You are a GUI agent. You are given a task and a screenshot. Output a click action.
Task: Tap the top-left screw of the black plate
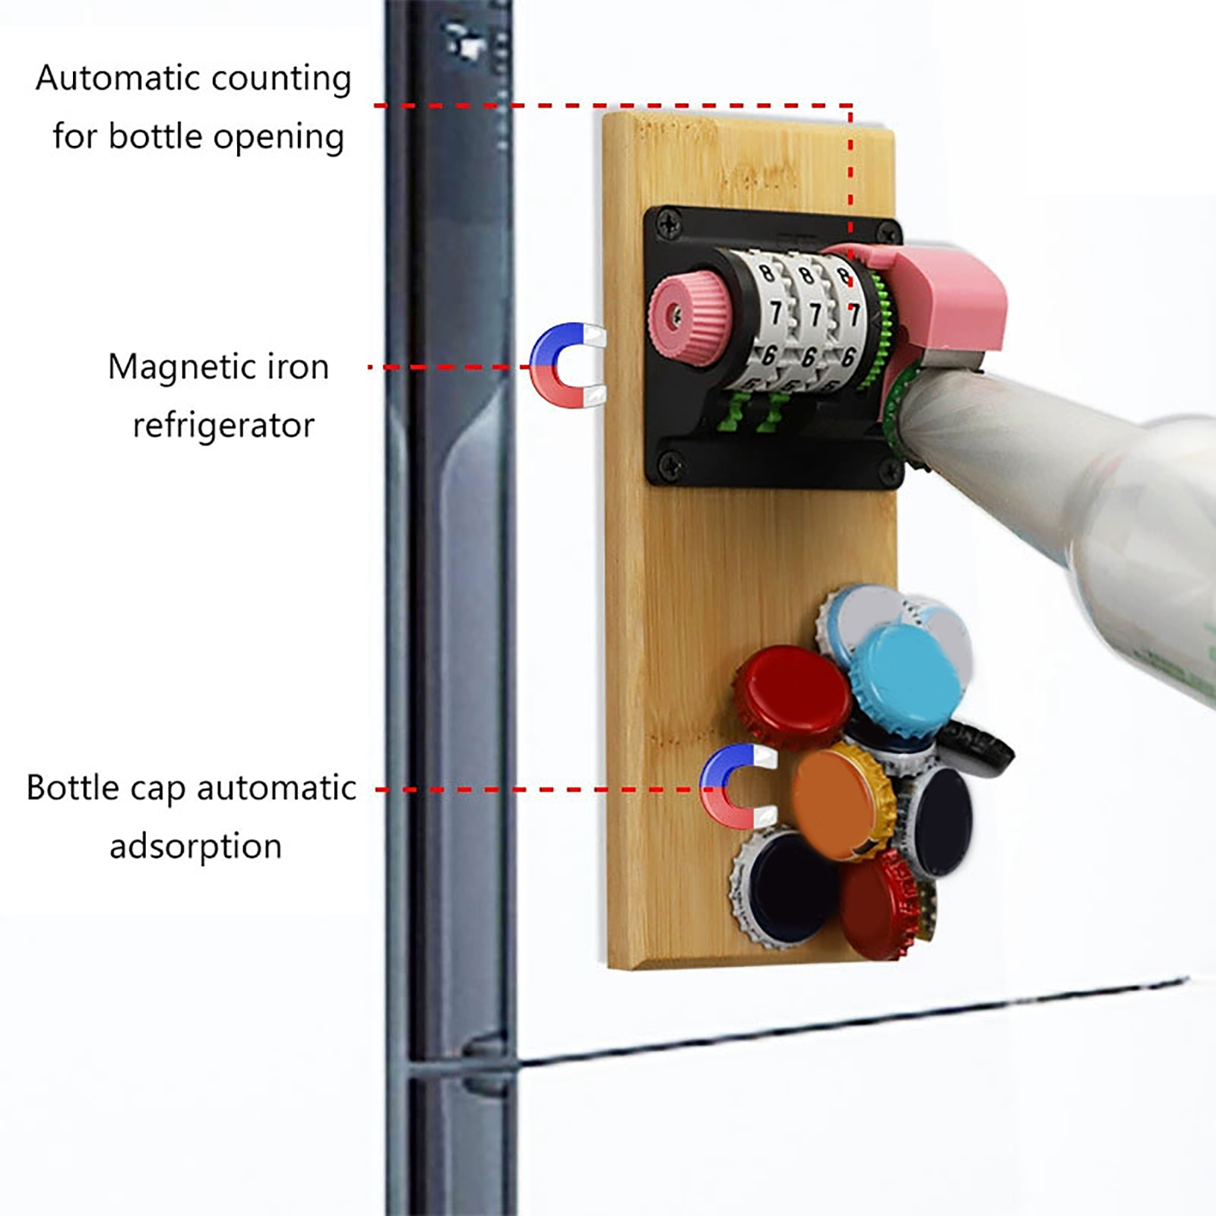(x=669, y=223)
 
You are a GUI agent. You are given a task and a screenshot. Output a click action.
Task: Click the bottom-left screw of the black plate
(x=670, y=461)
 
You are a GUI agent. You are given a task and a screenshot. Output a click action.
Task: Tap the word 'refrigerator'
(x=223, y=426)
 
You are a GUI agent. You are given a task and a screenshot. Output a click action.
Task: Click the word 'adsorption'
(x=195, y=846)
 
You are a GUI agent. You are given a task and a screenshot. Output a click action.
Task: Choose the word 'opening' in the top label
(x=278, y=138)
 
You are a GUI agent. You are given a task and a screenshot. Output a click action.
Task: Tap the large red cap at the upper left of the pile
(x=794, y=695)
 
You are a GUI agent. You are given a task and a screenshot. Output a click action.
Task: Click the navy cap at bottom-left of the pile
(x=787, y=889)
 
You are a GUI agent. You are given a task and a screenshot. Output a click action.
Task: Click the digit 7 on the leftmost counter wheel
(x=776, y=312)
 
